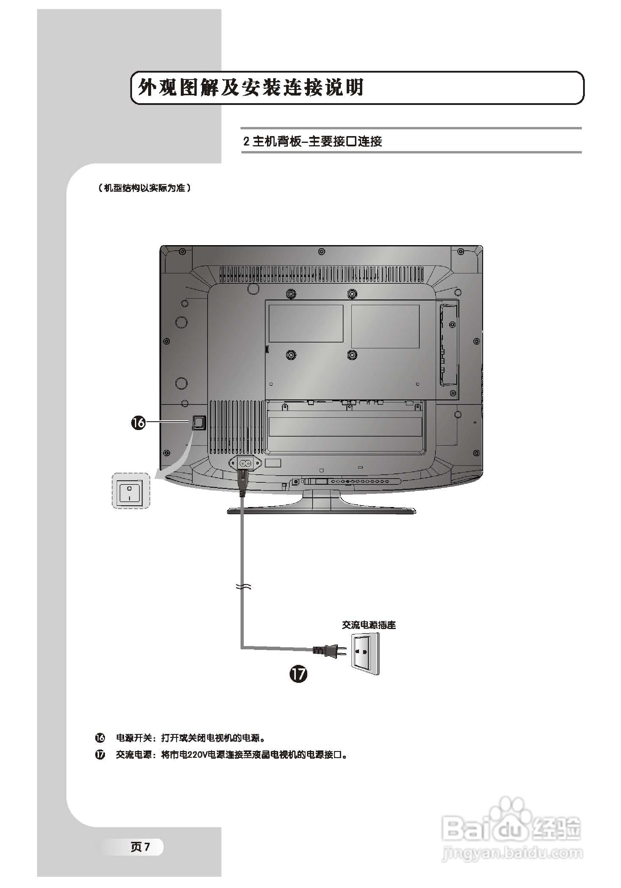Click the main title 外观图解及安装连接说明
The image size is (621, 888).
(x=251, y=87)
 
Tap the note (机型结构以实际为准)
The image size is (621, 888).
(x=144, y=188)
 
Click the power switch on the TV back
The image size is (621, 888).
(x=198, y=423)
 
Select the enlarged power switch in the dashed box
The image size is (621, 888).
(x=130, y=491)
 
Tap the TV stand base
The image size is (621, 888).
(x=321, y=510)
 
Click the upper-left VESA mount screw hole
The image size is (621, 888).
(x=289, y=294)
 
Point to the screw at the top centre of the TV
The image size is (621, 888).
(x=321, y=252)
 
